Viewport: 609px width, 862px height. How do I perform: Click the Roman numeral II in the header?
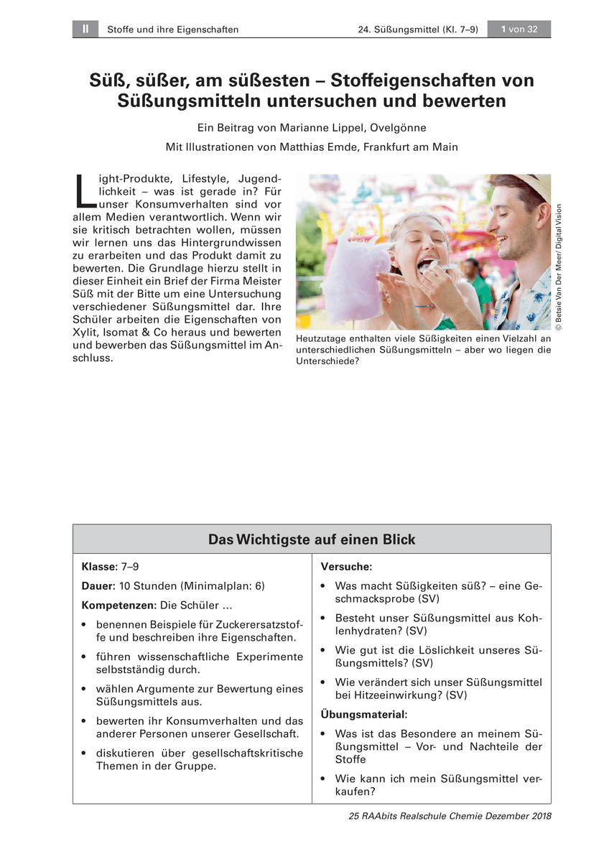[x=85, y=29]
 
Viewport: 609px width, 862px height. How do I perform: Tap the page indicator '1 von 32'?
[x=519, y=29]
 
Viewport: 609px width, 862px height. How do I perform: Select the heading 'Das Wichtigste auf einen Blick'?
[x=312, y=539]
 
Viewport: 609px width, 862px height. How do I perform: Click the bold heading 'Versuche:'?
[x=345, y=567]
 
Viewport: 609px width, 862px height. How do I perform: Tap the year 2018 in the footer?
[x=539, y=816]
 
